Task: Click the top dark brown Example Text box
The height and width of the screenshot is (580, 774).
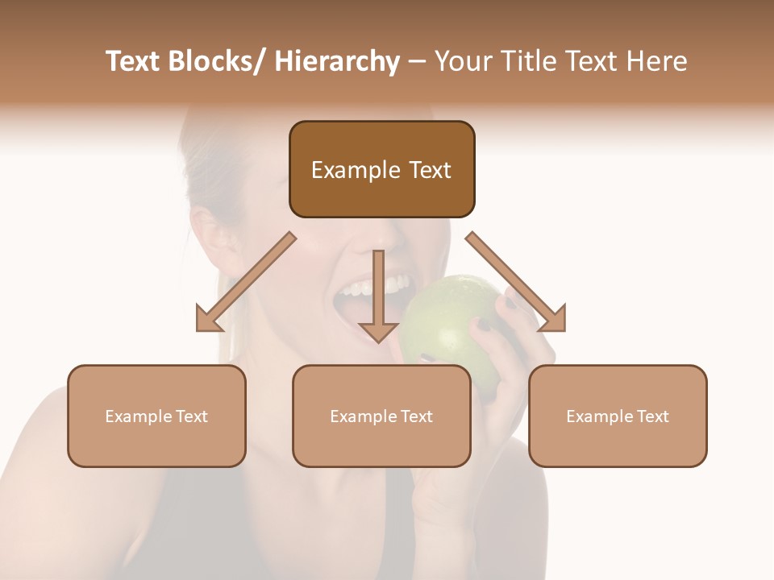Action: [381, 169]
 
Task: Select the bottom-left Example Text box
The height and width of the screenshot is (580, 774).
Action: [156, 416]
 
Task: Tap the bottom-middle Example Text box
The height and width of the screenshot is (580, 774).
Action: [381, 416]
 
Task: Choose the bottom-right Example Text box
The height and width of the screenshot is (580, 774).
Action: [618, 416]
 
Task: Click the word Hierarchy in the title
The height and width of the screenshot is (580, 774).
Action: [338, 61]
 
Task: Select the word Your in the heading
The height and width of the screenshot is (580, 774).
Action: [462, 61]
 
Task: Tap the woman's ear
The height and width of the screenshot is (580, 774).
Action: [211, 230]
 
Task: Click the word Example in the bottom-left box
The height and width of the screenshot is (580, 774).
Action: [139, 416]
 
